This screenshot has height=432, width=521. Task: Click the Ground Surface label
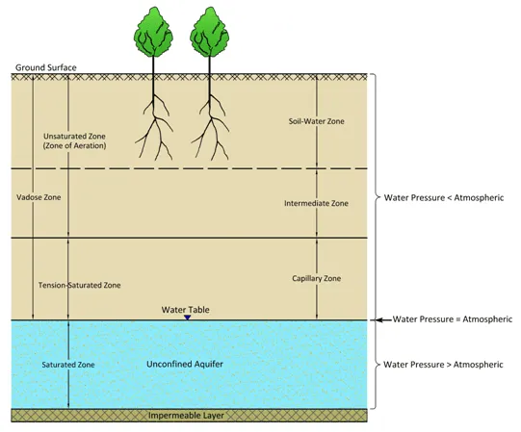(46, 67)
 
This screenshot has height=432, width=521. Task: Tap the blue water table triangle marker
(188, 318)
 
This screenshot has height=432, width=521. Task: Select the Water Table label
(186, 310)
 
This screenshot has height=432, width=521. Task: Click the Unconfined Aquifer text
(185, 364)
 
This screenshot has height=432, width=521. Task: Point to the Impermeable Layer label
(186, 416)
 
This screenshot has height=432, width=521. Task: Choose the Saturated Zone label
(68, 365)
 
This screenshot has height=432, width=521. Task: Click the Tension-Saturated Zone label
(79, 285)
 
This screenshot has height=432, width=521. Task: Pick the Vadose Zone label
(39, 197)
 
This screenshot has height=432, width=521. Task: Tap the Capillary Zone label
(316, 278)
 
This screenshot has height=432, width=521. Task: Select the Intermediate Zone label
(316, 203)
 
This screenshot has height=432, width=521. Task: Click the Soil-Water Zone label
(316, 121)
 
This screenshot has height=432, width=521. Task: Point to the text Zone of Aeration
(75, 146)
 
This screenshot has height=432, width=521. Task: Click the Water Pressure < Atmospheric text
(444, 197)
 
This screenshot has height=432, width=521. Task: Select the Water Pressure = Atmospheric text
(453, 319)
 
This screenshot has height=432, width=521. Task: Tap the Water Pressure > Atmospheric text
(443, 365)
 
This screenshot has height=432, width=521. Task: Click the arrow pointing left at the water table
(383, 319)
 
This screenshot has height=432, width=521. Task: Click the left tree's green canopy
(153, 33)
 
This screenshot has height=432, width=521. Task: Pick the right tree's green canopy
(210, 33)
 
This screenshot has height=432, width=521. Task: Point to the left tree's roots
(154, 128)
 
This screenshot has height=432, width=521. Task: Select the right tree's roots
(210, 128)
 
